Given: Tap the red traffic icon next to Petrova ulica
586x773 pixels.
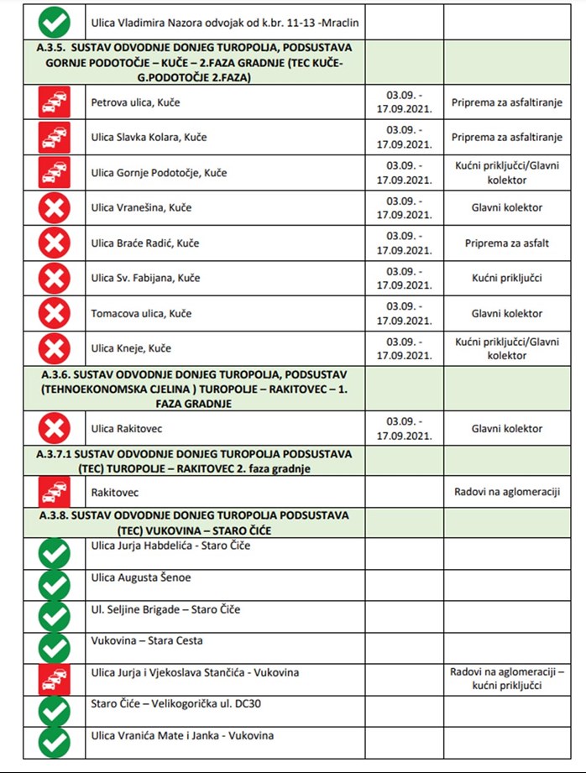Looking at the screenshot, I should click(x=55, y=102).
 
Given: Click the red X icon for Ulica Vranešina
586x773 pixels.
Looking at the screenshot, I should click(x=55, y=207).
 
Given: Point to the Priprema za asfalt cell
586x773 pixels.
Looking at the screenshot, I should click(x=507, y=243).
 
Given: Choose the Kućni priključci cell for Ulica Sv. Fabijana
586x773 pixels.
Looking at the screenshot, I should click(x=507, y=278).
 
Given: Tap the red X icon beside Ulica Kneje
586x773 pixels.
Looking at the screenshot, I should click(x=55, y=348).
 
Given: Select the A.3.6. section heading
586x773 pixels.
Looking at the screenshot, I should click(x=193, y=389).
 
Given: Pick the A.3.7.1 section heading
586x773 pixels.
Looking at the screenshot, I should click(x=193, y=461).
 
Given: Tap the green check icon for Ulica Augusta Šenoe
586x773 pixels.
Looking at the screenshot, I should click(x=55, y=585).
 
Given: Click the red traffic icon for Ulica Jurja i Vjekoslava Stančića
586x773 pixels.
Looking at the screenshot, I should click(x=55, y=678).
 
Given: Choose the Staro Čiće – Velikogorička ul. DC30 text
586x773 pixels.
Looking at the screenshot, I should click(x=170, y=703).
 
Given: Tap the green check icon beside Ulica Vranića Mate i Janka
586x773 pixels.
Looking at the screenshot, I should click(x=55, y=741).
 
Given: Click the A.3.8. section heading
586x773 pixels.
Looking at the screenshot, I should click(x=193, y=523).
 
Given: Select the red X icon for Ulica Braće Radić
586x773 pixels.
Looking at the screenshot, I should click(x=55, y=243).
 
